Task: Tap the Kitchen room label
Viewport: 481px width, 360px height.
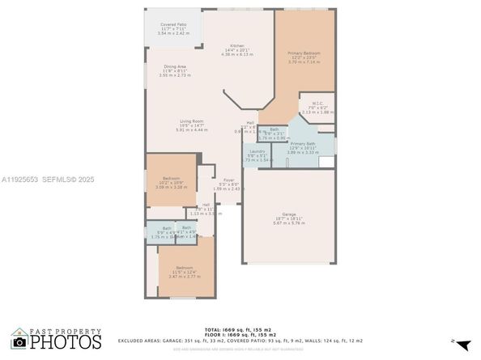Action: coord(236,45)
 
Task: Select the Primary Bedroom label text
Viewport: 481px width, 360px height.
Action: coord(304,53)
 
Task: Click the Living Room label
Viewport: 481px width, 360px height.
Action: coord(191,121)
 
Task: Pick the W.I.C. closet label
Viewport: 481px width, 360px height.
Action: coord(317,103)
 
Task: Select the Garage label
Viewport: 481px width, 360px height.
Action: coord(288,214)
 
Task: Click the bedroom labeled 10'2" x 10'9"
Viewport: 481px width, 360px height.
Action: coord(171,177)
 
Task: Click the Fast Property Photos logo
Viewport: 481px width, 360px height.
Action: coord(57,339)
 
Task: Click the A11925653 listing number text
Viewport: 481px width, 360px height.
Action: coord(19,179)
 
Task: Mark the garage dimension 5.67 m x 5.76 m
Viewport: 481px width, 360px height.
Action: coord(288,223)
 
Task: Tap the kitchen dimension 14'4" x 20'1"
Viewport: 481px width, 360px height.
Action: coord(236,50)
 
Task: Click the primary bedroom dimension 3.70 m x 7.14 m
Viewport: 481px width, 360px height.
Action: coord(304,63)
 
